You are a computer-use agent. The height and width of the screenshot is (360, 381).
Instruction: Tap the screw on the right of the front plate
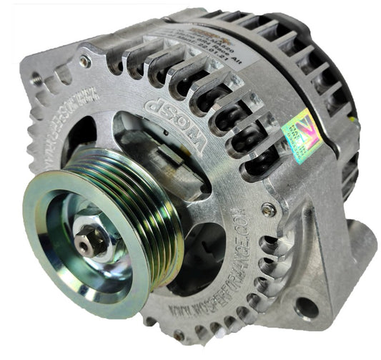point(267,210)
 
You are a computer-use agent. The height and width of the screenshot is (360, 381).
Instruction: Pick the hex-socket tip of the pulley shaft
point(86,243)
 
